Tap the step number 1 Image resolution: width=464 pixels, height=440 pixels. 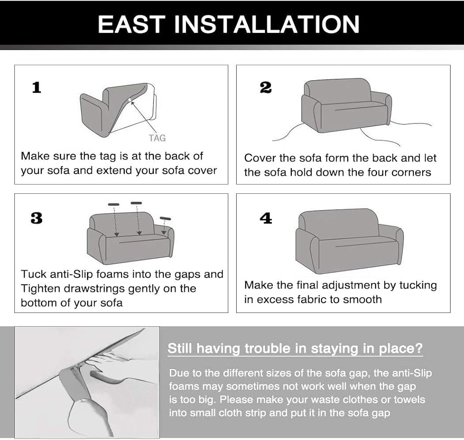tap(36, 88)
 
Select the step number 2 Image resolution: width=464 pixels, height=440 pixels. tap(265, 88)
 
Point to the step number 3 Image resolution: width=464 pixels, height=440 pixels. tap(36, 218)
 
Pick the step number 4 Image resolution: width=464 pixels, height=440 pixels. tap(266, 218)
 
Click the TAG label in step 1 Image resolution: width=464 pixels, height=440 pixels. tap(157, 138)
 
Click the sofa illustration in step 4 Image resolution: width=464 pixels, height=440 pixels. tap(349, 241)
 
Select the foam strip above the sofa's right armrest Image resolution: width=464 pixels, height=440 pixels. tap(166, 218)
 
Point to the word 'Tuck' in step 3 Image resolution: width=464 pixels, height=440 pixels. tap(33, 274)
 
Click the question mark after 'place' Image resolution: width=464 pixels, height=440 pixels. tap(419, 348)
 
